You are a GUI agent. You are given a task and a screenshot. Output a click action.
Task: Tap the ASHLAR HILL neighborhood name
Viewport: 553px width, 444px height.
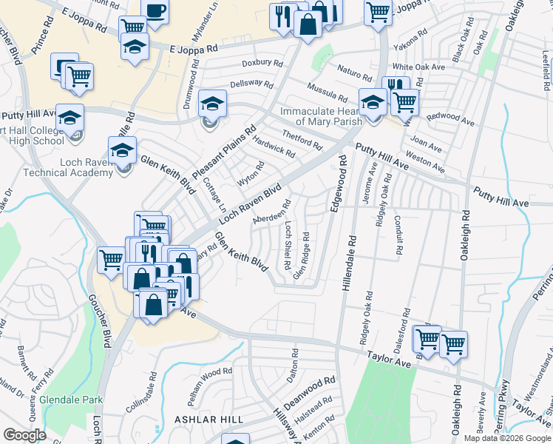pyautogui.click(x=208, y=420)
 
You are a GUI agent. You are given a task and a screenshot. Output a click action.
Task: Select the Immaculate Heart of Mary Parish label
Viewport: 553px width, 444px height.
pyautogui.click(x=321, y=117)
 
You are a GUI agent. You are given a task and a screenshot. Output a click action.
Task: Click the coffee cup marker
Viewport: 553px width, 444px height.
pyautogui.click(x=155, y=12)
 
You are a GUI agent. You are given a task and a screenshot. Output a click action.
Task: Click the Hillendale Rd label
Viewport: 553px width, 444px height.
pyautogui.click(x=349, y=263)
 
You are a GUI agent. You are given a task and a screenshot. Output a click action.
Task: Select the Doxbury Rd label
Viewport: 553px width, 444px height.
pyautogui.click(x=263, y=64)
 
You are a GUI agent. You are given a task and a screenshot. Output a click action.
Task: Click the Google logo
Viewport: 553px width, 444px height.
pyautogui.click(x=24, y=435)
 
